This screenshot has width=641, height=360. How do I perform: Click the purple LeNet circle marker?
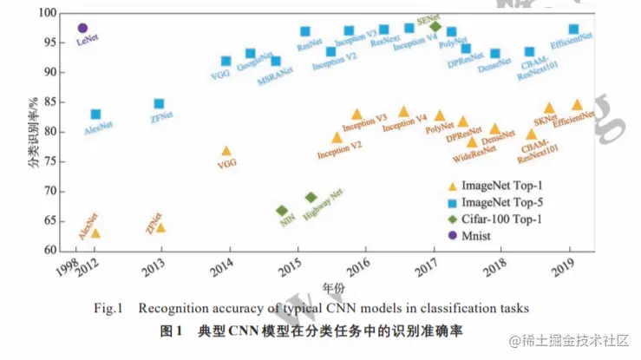click(82, 29)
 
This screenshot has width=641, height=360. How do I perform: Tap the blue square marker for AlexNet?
click(95, 115)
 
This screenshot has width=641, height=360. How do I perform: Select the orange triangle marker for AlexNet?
click(95, 232)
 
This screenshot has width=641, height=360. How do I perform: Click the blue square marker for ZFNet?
click(159, 104)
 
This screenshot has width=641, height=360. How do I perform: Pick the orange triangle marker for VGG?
click(226, 151)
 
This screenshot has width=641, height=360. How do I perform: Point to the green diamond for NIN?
click(282, 211)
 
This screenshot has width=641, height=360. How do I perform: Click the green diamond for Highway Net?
click(311, 198)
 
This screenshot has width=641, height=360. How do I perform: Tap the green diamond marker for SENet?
click(435, 26)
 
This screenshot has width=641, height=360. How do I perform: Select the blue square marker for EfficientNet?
click(573, 29)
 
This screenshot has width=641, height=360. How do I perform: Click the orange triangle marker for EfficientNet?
click(577, 104)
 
